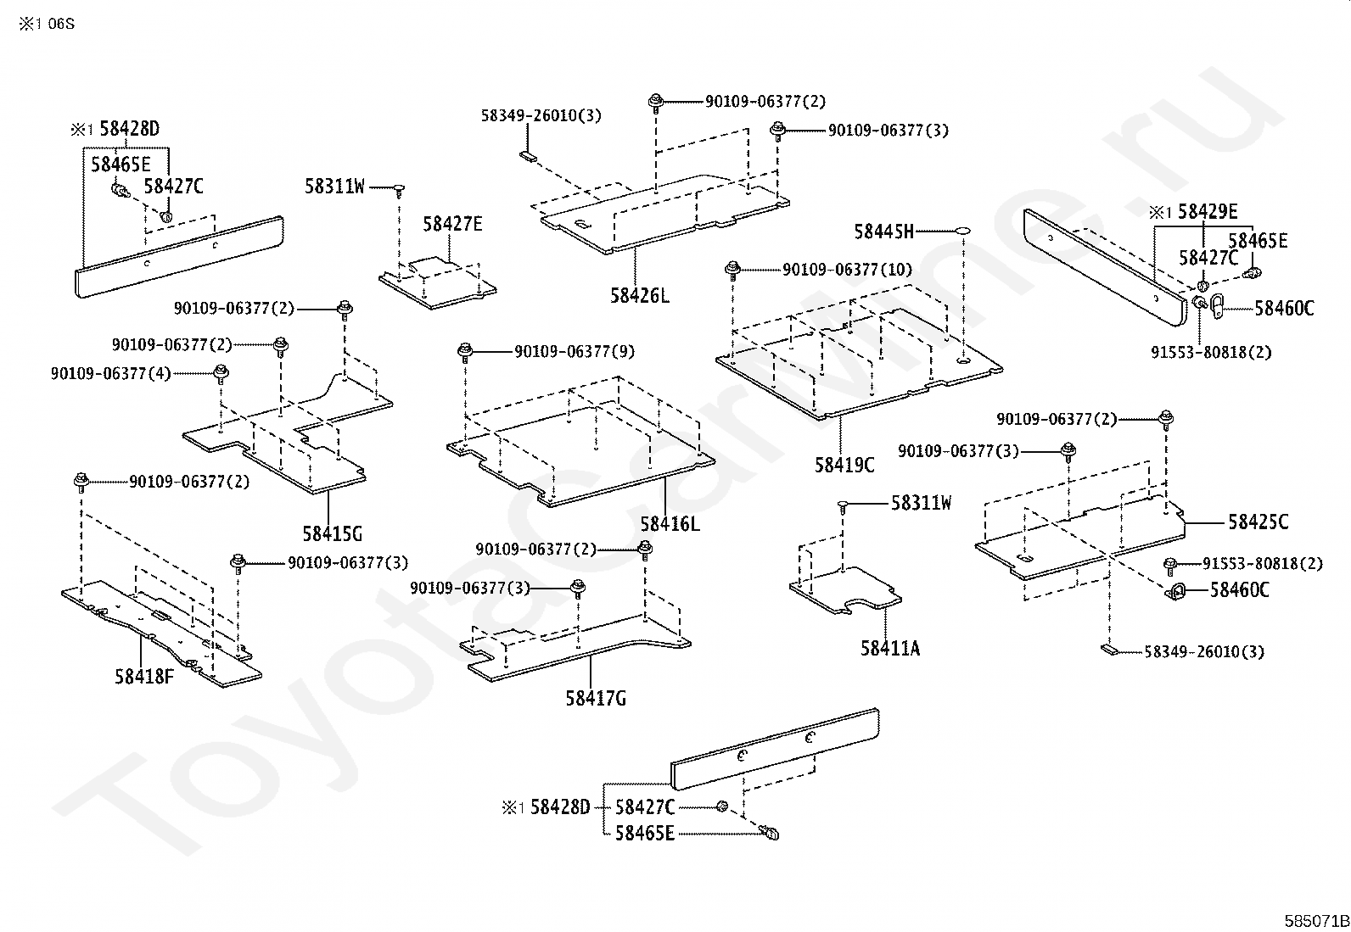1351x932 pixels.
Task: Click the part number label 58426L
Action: click(639, 296)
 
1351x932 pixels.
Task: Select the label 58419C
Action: click(844, 465)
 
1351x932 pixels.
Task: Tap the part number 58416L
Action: click(670, 523)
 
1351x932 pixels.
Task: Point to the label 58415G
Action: click(332, 533)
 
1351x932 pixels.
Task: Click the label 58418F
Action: click(144, 676)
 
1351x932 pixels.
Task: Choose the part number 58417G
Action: click(596, 698)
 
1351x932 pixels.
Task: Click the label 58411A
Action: click(889, 648)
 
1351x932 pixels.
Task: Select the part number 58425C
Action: click(1258, 522)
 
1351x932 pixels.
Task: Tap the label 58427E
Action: click(452, 224)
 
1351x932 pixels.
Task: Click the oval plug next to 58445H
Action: click(961, 231)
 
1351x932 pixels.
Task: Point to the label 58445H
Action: click(883, 231)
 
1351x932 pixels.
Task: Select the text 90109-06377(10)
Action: click(847, 270)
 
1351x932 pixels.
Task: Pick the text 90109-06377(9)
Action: click(574, 351)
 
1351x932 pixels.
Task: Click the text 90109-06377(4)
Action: click(111, 372)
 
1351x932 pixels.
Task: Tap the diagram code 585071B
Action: click(1316, 920)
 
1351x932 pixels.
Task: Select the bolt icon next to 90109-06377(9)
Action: click(464, 351)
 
